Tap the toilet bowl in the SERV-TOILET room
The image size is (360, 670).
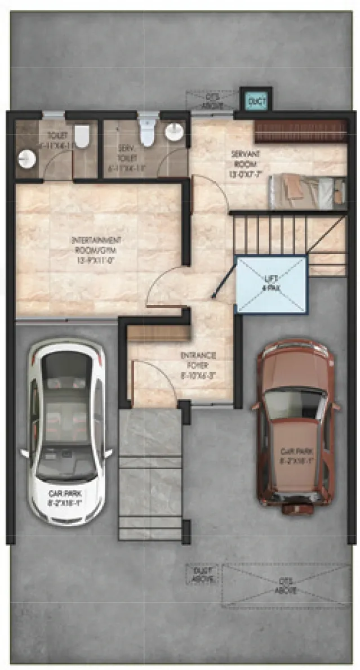(147, 133)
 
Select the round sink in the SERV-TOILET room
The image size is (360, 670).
(175, 133)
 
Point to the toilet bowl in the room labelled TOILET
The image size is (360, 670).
(82, 136)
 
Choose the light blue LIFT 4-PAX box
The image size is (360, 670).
(271, 284)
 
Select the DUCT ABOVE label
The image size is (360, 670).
(201, 575)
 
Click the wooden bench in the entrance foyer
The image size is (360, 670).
(157, 334)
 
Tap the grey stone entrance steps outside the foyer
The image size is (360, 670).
(150, 473)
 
